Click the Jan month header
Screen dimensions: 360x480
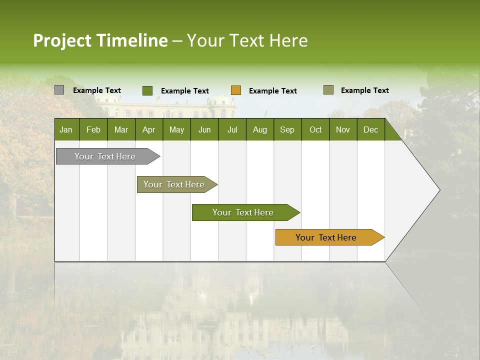(x=66, y=129)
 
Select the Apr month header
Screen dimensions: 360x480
(x=148, y=129)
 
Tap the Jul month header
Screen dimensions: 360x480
(x=232, y=129)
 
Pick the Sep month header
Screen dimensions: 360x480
(x=287, y=129)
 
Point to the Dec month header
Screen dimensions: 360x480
(x=370, y=129)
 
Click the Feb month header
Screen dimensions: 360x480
(x=93, y=129)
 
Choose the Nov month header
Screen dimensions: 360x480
(x=342, y=129)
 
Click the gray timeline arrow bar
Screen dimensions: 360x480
(x=105, y=156)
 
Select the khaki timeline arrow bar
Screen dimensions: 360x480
(x=174, y=184)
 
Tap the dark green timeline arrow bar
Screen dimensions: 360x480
(x=243, y=212)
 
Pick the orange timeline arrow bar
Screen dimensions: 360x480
(x=326, y=237)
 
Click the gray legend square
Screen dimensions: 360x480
(x=59, y=90)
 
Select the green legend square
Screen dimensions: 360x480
(x=147, y=90)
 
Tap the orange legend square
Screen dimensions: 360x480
(x=235, y=90)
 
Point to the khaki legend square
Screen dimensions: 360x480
(x=328, y=90)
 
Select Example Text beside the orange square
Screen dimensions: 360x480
(x=272, y=90)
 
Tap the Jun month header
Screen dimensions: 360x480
(x=204, y=129)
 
